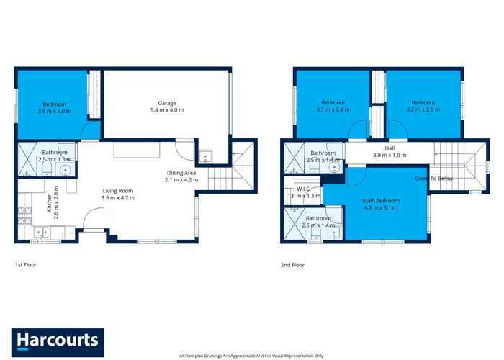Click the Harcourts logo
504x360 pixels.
58,342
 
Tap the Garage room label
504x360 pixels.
167,103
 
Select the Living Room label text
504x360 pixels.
117,191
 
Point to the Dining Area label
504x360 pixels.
181,173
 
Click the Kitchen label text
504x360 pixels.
49,202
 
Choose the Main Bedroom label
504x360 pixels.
381,201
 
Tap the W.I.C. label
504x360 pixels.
303,189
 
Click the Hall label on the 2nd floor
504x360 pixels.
390,148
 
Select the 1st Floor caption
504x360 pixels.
26,265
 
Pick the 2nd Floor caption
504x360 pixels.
292,265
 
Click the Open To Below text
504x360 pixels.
434,179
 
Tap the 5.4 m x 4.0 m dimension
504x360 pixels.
167,110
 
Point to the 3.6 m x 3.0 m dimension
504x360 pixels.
54,111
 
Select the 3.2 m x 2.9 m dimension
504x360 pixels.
423,109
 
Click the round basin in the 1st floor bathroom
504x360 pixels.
66,169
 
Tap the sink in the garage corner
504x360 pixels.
205,157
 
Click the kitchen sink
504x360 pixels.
42,232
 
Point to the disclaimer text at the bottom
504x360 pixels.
252,356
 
